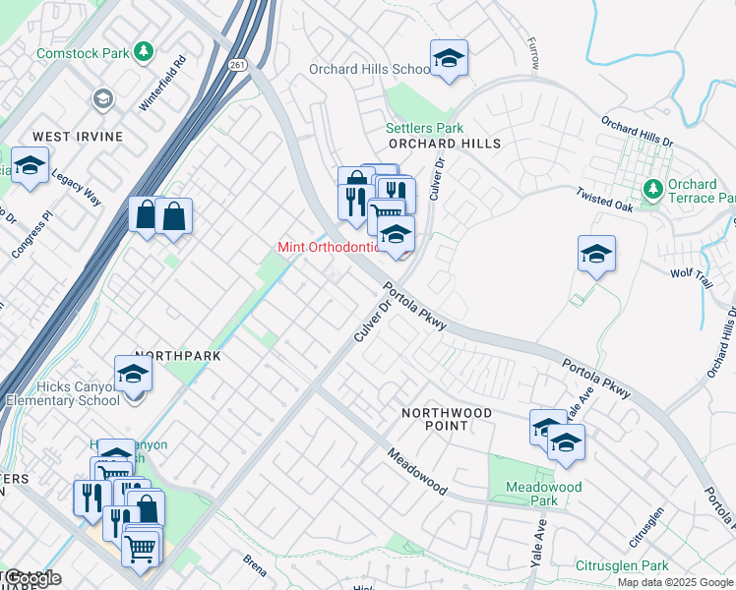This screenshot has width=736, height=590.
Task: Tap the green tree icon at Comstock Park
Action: coord(145,49)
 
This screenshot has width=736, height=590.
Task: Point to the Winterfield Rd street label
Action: coord(163,82)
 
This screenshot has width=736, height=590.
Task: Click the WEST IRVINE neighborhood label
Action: coord(78,136)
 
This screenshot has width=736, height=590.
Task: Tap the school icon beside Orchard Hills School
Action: coord(449,58)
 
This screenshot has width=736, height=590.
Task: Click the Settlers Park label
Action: coord(424,128)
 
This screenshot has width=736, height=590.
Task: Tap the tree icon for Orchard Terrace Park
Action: coord(651,188)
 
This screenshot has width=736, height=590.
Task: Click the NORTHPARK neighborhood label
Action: coord(173,354)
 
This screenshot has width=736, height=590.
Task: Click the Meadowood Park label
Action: coord(543,494)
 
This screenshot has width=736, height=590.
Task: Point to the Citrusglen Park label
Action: coord(622,565)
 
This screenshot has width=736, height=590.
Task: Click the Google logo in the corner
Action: coord(32,577)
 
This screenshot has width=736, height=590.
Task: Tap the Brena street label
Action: coord(254,561)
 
